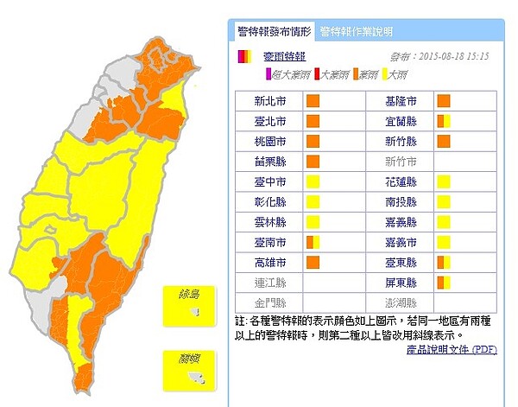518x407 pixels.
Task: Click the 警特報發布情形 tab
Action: (273, 32)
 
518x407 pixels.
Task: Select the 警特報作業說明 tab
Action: (356, 32)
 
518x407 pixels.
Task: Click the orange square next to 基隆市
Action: (444, 101)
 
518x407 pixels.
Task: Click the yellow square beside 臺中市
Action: (313, 181)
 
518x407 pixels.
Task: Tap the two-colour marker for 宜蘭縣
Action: (444, 121)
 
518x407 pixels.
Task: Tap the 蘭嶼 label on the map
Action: (189, 357)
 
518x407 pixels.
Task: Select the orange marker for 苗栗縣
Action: (313, 161)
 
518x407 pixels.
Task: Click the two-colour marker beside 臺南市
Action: (313, 242)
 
